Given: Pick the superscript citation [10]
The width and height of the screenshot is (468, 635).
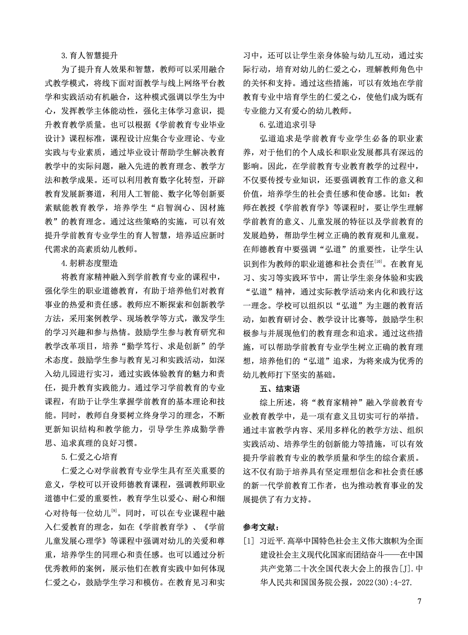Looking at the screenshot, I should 378,262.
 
